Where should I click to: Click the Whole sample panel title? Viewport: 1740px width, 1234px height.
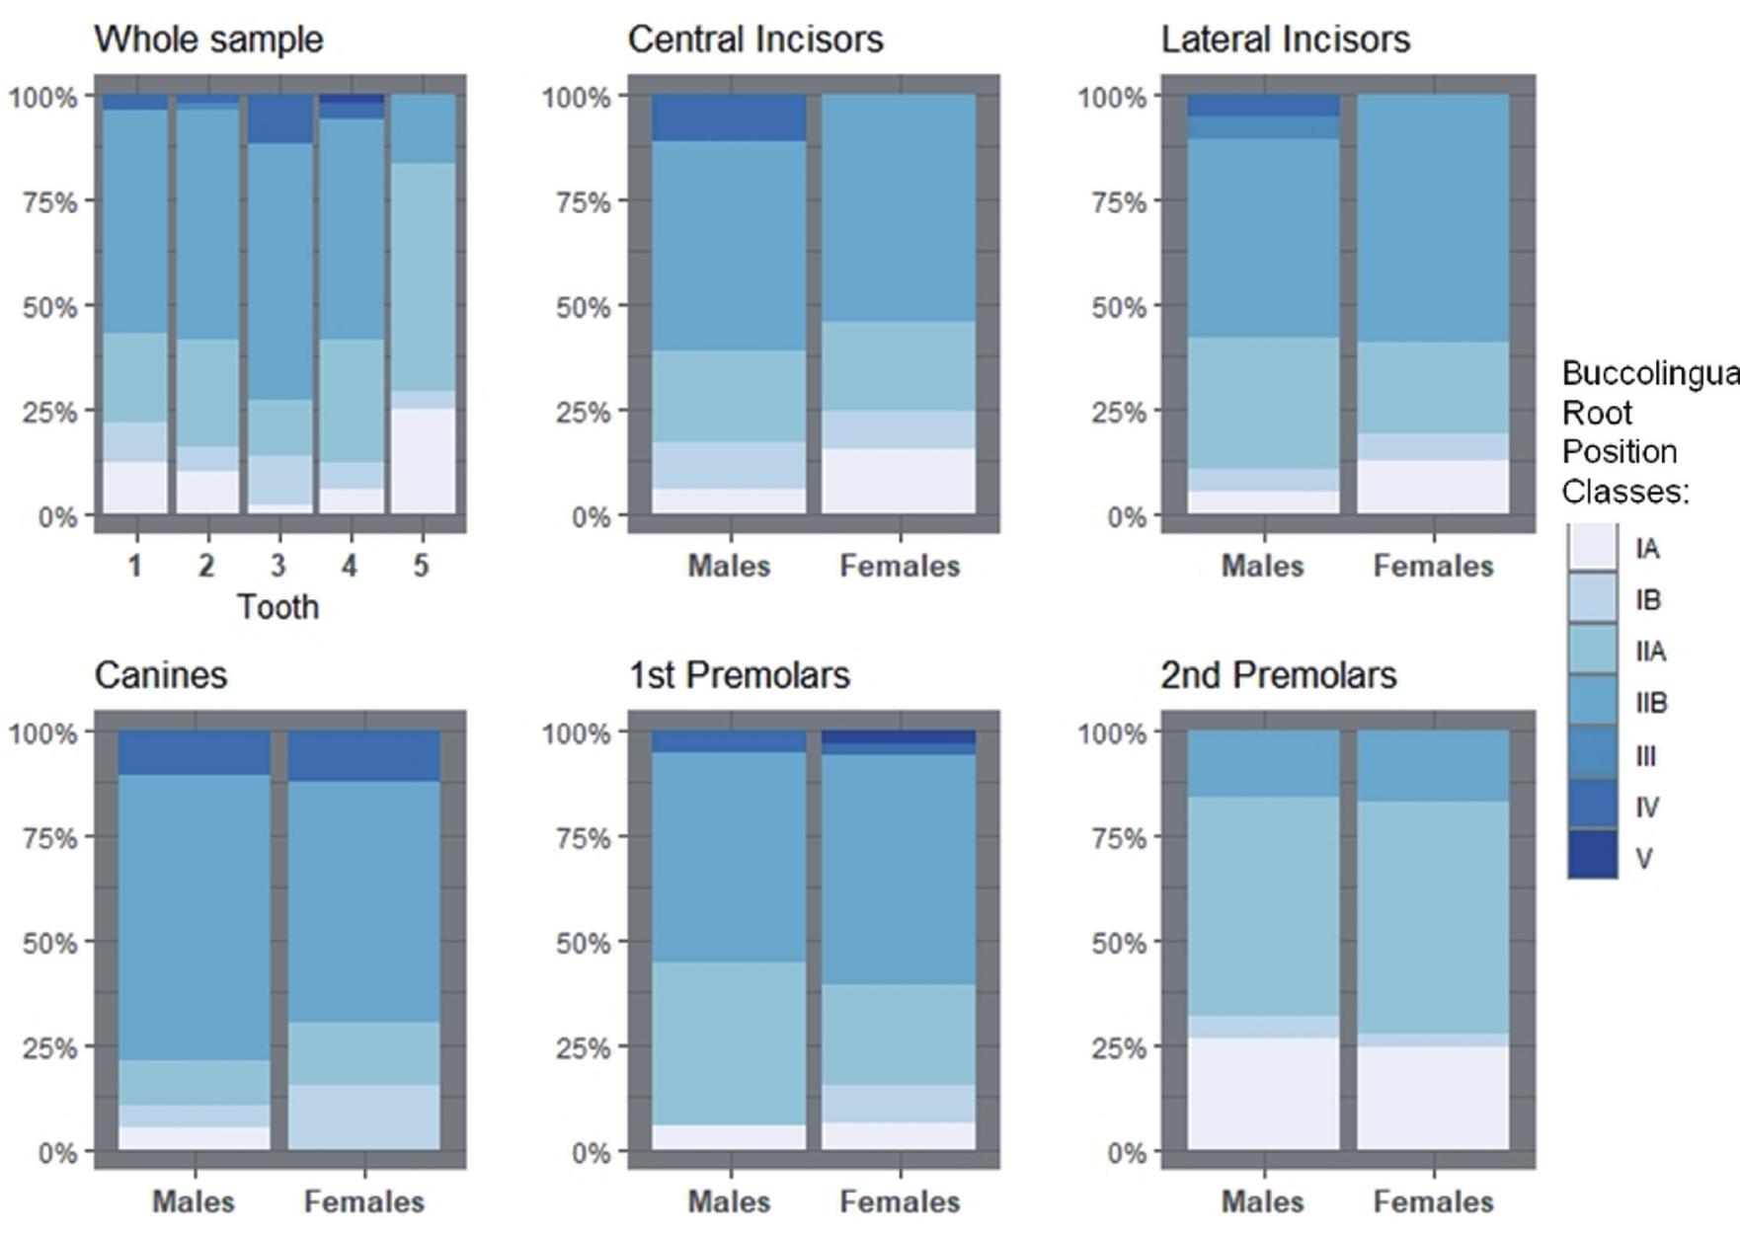(x=208, y=39)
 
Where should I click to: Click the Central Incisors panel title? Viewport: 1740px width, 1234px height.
(x=755, y=39)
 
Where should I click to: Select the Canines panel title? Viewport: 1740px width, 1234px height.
(x=161, y=675)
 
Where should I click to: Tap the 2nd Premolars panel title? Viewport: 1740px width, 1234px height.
(x=1278, y=675)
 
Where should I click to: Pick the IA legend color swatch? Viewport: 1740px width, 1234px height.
(x=1592, y=548)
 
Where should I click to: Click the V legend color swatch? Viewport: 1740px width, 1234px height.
(x=1592, y=856)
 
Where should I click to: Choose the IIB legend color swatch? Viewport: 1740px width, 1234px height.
(x=1592, y=702)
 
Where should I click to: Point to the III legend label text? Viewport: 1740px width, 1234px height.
(x=1645, y=755)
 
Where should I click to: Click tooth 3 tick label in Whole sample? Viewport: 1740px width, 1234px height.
(x=277, y=566)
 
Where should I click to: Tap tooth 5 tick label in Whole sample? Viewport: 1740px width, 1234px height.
(x=421, y=566)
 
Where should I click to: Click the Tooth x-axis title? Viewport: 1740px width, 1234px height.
(x=277, y=606)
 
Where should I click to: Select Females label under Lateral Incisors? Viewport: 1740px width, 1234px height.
(x=1433, y=566)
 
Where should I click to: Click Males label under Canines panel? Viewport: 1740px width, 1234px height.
(x=194, y=1201)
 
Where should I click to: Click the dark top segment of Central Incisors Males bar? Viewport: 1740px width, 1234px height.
(x=730, y=117)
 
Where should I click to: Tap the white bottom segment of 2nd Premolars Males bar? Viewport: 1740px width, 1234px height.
(x=1264, y=1093)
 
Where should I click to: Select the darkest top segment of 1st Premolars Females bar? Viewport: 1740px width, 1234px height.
(x=899, y=736)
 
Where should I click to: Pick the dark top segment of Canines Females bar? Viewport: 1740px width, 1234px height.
(x=363, y=755)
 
